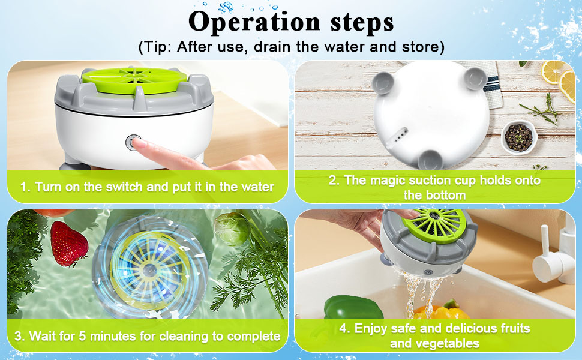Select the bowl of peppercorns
[517, 137]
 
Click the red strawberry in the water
[68, 243]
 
